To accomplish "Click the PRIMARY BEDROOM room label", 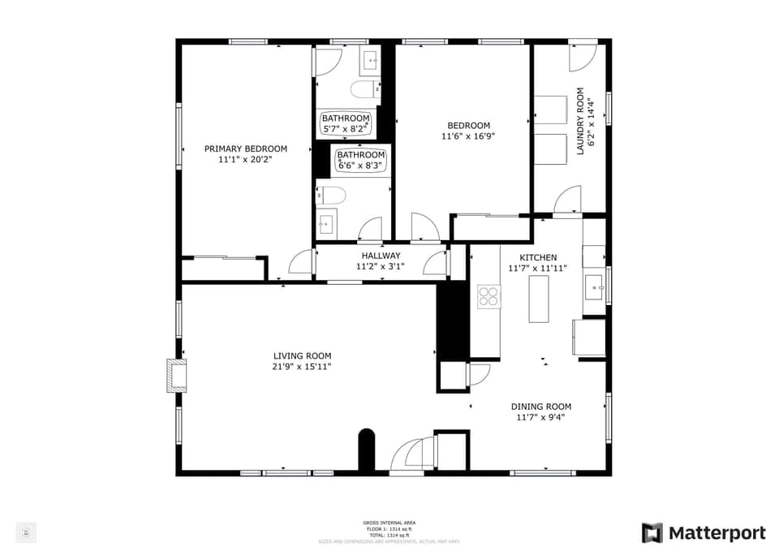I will coord(245,149).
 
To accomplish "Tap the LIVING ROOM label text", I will coord(302,355).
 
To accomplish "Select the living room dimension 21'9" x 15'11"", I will coord(302,367).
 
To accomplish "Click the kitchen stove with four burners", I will coord(488,296).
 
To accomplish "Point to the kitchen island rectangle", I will coord(540,299).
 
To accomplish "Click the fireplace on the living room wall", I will coord(176,376).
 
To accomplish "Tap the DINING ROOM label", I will coord(540,407).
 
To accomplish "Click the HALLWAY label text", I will coord(381,256).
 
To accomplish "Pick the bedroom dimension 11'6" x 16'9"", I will coord(468,136).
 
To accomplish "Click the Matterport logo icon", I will coord(652,533).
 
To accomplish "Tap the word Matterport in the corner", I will coord(717,533).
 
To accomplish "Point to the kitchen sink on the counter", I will coord(594,287).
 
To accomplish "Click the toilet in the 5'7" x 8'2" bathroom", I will coord(364,88).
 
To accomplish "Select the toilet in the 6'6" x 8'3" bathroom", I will coord(331,195).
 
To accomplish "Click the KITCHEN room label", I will coord(537,257).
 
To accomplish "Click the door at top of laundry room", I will coord(582,57).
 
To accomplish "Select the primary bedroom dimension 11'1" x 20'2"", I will coord(245,160).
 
